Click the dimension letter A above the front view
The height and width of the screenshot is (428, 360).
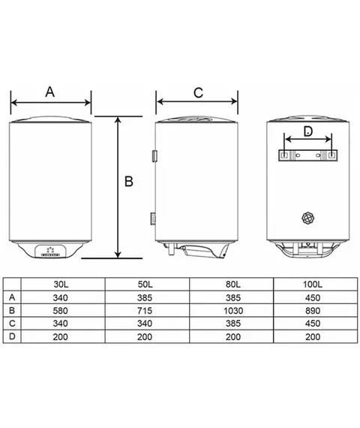[50, 92]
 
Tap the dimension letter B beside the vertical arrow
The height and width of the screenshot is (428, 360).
[129, 182]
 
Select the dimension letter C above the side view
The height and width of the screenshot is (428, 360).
[198, 93]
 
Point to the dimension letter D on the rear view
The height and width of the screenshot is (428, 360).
[308, 131]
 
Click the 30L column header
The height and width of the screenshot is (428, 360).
[61, 285]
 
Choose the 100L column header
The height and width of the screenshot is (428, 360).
[313, 285]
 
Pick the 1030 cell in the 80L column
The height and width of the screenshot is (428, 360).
[233, 311]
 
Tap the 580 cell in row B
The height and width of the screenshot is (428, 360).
[60, 311]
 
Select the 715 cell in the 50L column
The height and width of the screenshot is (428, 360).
[145, 311]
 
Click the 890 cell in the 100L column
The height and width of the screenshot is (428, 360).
[313, 311]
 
